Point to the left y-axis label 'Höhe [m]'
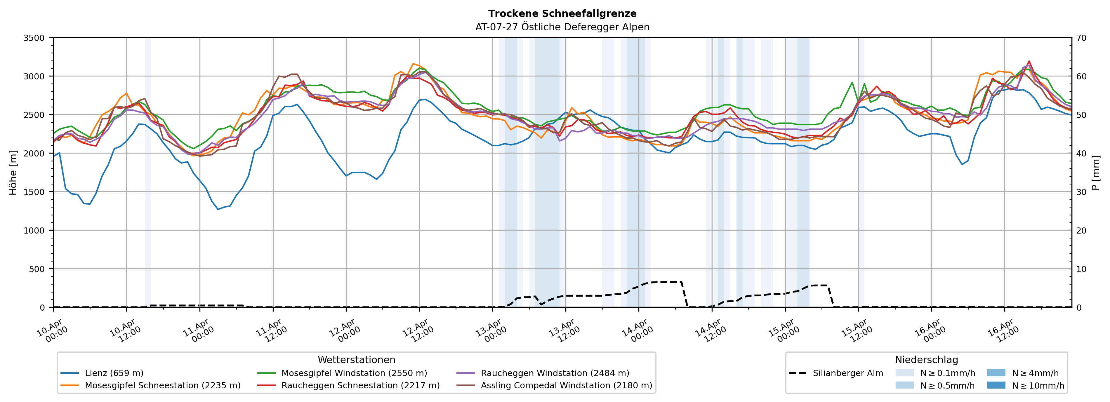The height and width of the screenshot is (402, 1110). tap(13, 172)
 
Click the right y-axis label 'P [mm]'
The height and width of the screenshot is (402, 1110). tap(1096, 172)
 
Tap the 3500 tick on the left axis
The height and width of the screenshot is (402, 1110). tap(34, 38)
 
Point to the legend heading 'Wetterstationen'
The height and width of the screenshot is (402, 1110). tap(356, 360)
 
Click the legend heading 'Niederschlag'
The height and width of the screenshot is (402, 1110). tap(926, 360)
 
